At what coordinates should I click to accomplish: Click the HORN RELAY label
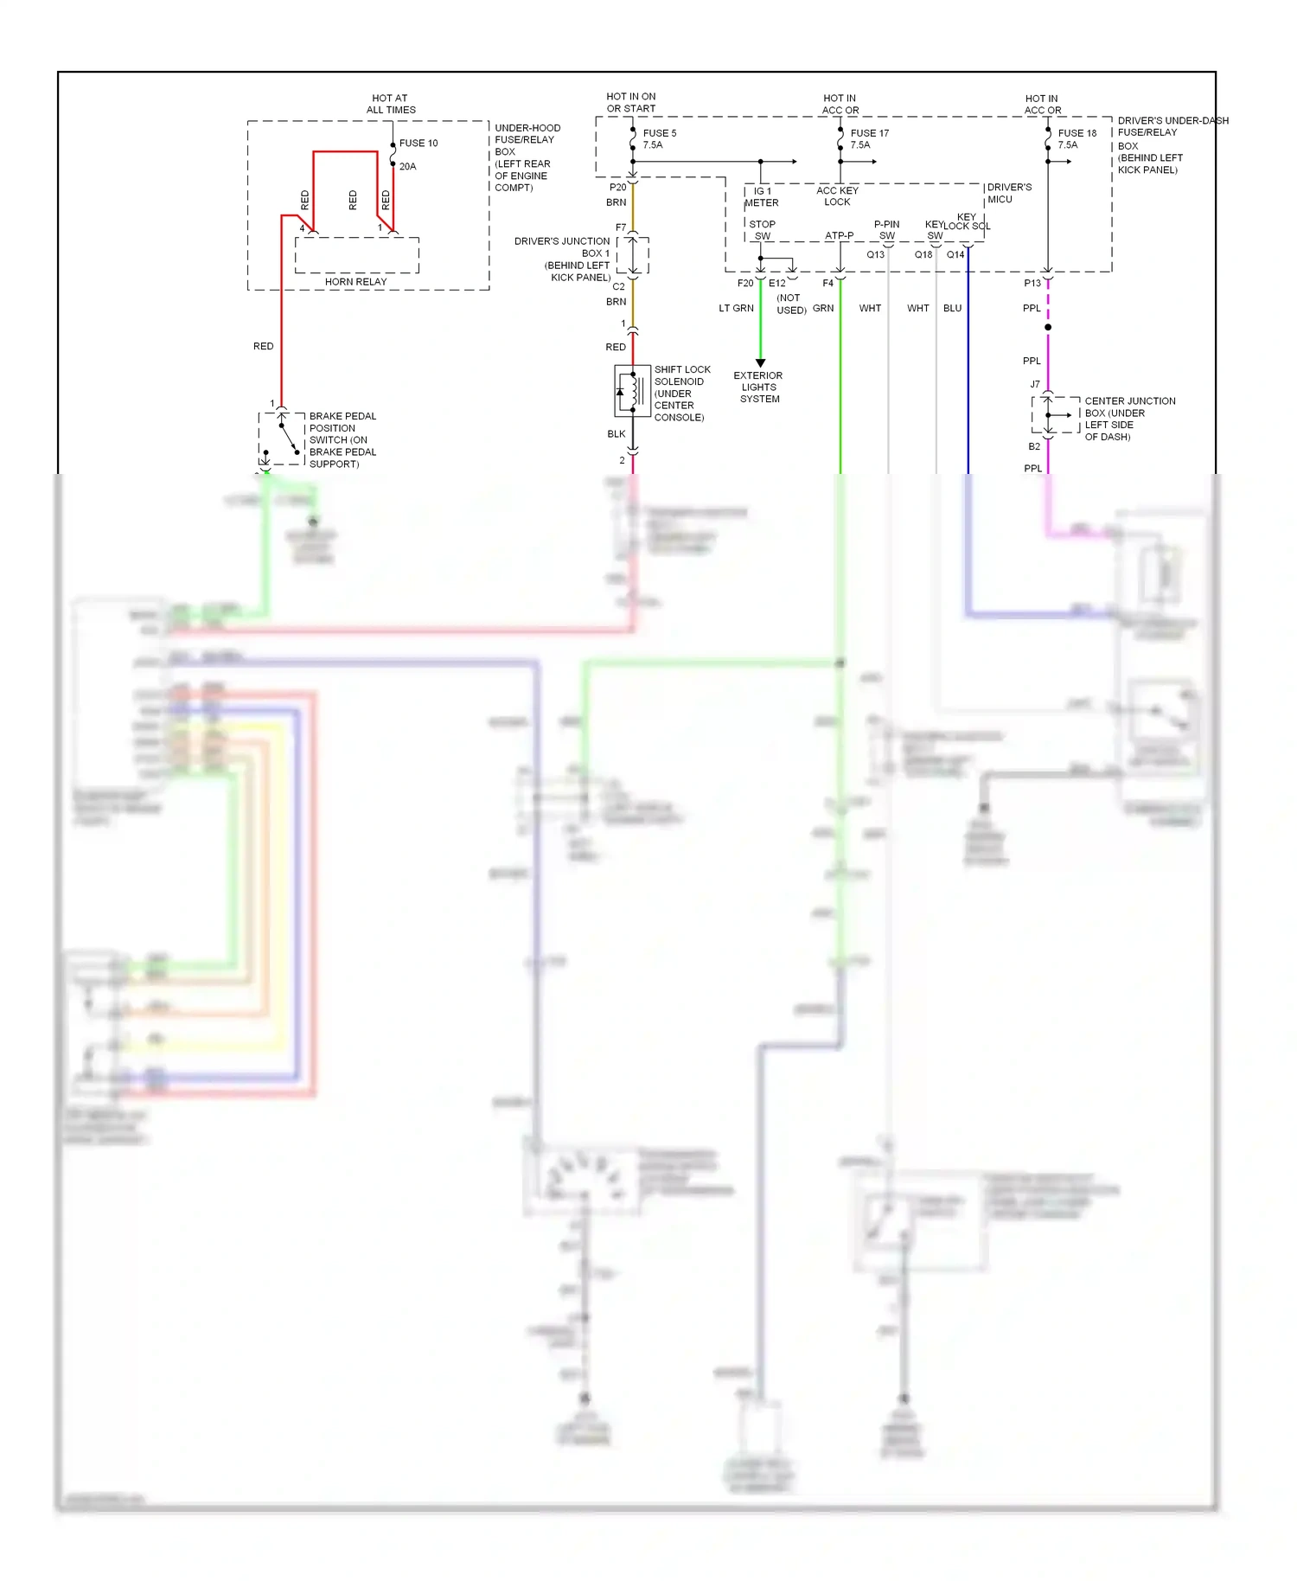(x=355, y=282)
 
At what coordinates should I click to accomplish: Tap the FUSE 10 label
(x=418, y=144)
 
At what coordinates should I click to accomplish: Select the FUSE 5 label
(x=660, y=133)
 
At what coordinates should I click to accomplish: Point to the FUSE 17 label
(x=869, y=133)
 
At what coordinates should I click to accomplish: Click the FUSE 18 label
(x=1077, y=133)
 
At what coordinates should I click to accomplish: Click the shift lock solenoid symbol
(x=632, y=391)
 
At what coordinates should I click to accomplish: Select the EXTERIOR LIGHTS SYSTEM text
(x=758, y=387)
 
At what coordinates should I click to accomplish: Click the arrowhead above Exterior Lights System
(x=760, y=363)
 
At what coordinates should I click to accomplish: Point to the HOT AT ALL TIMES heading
(x=391, y=104)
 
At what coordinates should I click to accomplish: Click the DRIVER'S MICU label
(x=1009, y=193)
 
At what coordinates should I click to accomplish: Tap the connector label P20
(x=617, y=188)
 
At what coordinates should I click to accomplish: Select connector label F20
(x=745, y=284)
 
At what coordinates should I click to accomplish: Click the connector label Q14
(x=955, y=255)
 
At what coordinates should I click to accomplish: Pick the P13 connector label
(x=1032, y=284)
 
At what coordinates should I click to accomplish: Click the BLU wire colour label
(x=952, y=309)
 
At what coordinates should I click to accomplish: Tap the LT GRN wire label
(x=736, y=309)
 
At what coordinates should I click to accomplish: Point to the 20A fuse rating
(x=407, y=167)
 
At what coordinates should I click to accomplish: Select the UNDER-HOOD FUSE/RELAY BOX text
(x=527, y=157)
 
